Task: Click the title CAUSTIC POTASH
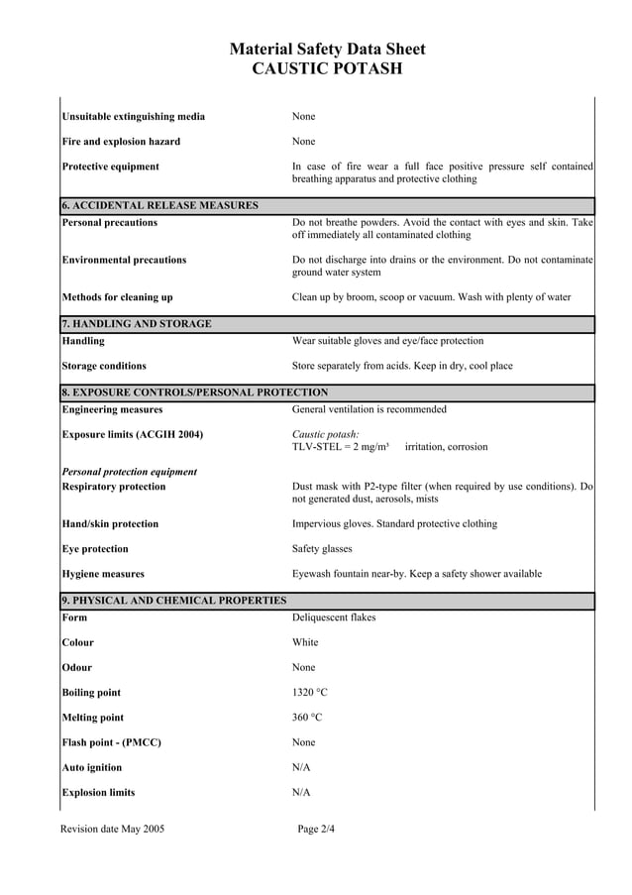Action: click(327, 68)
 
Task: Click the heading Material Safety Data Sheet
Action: click(327, 49)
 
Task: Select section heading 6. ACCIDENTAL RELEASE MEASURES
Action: click(159, 205)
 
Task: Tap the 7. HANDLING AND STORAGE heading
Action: click(136, 324)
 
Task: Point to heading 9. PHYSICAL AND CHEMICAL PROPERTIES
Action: click(173, 601)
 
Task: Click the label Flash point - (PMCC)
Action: click(111, 742)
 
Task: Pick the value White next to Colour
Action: click(305, 642)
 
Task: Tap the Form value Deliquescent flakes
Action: click(334, 617)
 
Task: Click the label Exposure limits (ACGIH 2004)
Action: click(132, 434)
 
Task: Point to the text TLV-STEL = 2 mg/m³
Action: click(340, 447)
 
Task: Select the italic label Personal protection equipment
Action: click(129, 472)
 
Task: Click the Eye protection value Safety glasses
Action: click(322, 549)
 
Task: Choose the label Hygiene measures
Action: click(103, 574)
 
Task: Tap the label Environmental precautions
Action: click(124, 260)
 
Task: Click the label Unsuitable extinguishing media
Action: click(134, 116)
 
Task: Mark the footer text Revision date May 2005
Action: click(113, 829)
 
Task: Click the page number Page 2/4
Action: click(316, 829)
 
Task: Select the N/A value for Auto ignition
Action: click(301, 767)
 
